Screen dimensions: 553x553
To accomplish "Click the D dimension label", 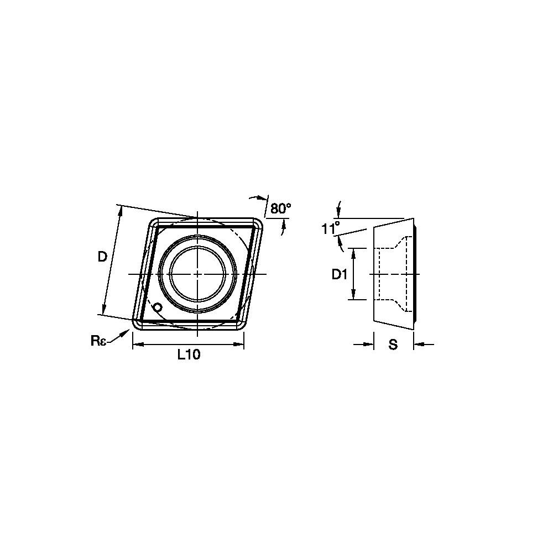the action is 102,258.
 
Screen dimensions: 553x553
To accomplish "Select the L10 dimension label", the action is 189,354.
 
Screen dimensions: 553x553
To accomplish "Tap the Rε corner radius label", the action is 98,341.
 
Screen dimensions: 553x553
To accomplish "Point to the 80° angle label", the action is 281,208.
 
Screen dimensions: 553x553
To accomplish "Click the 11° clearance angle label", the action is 331,228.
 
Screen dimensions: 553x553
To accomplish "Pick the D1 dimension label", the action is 340,274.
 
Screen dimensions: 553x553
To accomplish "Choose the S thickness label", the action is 393,344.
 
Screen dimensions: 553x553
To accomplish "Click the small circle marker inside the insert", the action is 158,307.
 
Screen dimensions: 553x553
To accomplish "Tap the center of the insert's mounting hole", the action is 197,274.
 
